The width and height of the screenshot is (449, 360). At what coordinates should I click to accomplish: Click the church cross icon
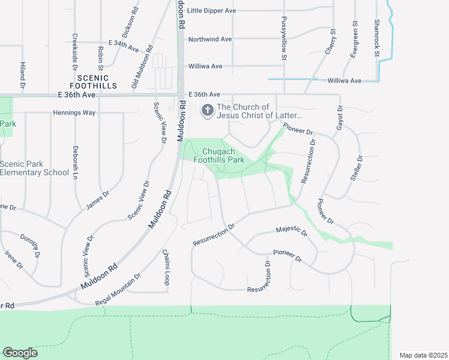point(208,110)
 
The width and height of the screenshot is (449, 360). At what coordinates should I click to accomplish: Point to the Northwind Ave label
point(209,39)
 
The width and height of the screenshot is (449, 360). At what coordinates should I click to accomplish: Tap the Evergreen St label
point(355,40)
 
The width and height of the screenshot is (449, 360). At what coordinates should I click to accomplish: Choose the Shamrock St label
point(377,38)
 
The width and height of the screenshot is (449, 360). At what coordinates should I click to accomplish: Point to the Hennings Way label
point(74,112)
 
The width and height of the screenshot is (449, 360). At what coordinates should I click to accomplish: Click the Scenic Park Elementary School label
point(34,169)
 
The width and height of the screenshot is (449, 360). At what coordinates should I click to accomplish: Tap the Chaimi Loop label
point(166,266)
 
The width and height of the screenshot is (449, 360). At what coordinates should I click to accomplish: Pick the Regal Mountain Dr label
point(118,290)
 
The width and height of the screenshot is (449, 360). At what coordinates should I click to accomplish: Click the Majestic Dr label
point(291,230)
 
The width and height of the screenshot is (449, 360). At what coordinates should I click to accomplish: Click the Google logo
point(20,353)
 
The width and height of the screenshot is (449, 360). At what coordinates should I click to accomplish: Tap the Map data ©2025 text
point(423,355)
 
